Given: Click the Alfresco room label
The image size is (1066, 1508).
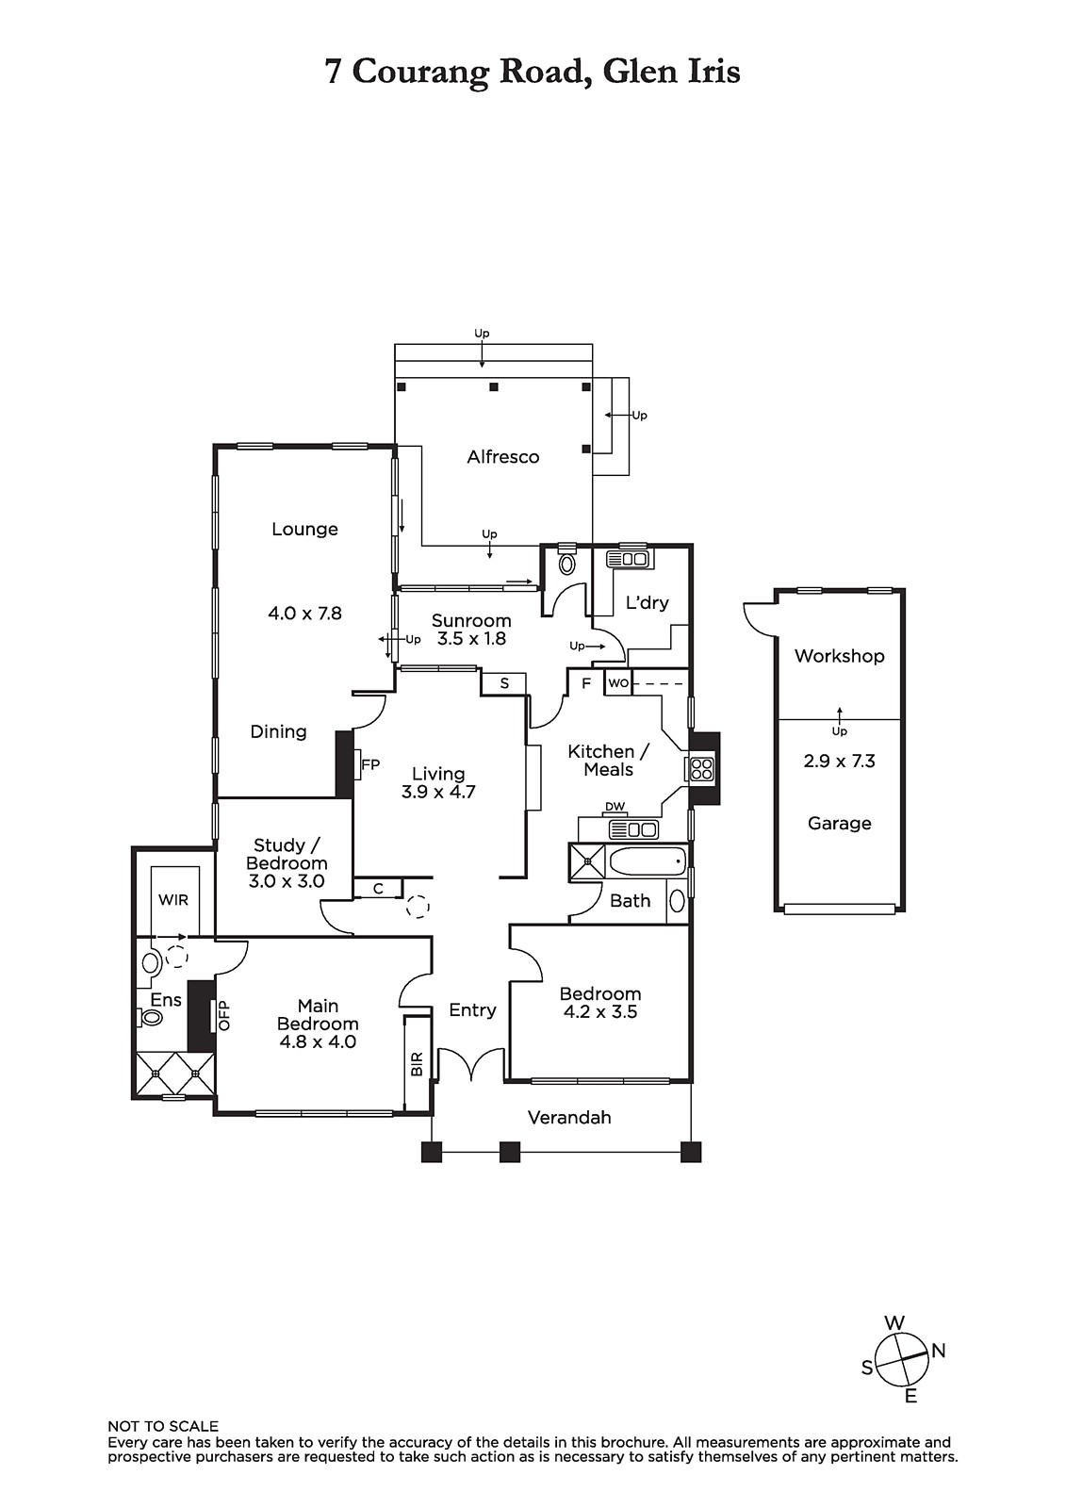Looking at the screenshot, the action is coord(503,457).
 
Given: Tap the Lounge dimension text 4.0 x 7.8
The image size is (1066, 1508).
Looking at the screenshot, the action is coord(305,614).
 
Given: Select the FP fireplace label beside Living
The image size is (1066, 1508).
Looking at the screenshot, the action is coord(370,764).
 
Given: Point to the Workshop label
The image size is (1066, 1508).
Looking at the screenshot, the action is coord(839,656).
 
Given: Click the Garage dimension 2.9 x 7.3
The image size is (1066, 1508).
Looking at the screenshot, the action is coord(839,762).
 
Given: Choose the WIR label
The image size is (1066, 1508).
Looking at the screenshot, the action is coord(173,900).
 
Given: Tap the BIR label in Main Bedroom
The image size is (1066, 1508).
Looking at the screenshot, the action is coord(417,1064).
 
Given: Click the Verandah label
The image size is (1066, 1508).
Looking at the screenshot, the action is coord(569,1118).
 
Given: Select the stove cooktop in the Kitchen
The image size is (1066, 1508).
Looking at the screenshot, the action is coord(699,769).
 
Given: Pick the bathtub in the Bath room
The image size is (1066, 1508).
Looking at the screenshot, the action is coord(648,861).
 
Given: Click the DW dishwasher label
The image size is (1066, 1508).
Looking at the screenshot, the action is coord(615,807).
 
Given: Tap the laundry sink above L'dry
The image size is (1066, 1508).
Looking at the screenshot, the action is coord(627,559).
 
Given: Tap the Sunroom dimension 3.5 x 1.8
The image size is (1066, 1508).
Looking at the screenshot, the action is coord(471,639).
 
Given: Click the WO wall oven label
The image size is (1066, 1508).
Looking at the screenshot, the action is coord(617,683).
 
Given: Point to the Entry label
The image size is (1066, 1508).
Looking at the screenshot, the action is coord(472,1009).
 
